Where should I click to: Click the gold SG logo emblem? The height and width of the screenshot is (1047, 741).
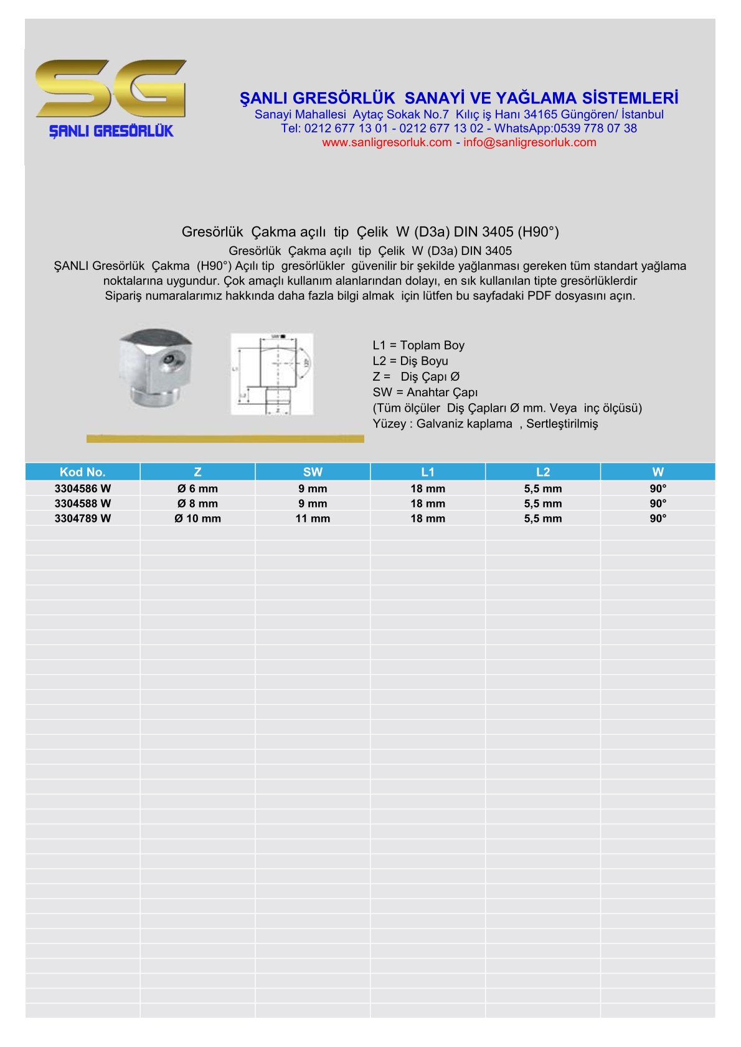pos(111,88)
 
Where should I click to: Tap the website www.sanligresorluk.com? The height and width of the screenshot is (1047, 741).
pos(387,142)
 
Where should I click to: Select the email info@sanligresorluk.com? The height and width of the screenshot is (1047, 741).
pos(529,142)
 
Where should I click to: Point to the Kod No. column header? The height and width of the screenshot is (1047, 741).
pos(82,472)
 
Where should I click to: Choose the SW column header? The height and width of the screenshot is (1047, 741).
pos(313,472)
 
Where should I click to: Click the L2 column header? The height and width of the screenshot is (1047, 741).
pos(542,472)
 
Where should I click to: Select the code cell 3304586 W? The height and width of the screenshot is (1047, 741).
pos(82,488)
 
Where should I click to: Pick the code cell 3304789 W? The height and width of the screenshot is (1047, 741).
pos(82,518)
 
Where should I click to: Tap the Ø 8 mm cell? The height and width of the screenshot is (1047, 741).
pos(197,503)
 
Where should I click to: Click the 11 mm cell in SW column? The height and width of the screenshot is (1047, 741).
pos(313,518)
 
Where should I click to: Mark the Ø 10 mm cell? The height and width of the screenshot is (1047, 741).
pos(197,518)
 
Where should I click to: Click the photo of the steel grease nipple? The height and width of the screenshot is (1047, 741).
pos(156,368)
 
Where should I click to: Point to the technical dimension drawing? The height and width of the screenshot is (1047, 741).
pos(271,374)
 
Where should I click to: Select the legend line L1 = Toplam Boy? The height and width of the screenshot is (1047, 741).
pos(418,345)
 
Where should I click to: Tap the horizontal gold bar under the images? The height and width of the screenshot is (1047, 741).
pos(225,439)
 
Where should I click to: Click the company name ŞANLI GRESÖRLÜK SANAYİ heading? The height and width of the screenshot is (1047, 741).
pos(459,98)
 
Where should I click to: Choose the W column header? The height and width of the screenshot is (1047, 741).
pos(658,472)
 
